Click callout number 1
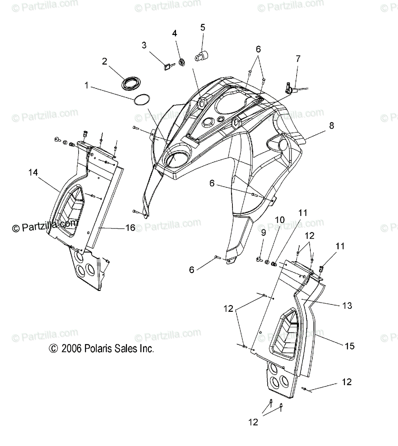[87, 86]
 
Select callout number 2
[105, 61]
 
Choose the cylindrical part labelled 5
[201, 56]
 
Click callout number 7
[298, 58]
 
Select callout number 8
[331, 125]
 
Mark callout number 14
[33, 172]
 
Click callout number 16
[130, 227]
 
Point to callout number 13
[347, 306]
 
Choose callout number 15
[349, 346]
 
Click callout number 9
[263, 233]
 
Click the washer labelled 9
[260, 259]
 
